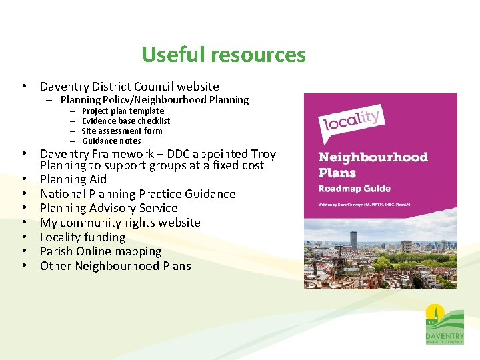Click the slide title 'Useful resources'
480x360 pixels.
[223, 55]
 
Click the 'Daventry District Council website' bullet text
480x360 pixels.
[129, 87]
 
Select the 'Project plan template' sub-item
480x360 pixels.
[123, 111]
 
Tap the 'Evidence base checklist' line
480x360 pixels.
[126, 121]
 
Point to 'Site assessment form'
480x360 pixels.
[122, 131]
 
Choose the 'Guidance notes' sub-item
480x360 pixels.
[111, 141]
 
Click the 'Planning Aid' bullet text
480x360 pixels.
[73, 179]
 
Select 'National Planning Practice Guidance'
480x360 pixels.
[138, 194]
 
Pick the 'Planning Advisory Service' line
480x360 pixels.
[109, 208]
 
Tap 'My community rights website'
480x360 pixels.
[120, 223]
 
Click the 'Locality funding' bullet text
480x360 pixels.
[83, 237]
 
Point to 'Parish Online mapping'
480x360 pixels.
[101, 252]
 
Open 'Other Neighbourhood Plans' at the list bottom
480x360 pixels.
[115, 266]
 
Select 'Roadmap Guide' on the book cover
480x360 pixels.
[355, 189]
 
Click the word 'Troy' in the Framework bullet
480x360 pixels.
[263, 154]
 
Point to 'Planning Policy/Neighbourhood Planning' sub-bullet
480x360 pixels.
[154, 100]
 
